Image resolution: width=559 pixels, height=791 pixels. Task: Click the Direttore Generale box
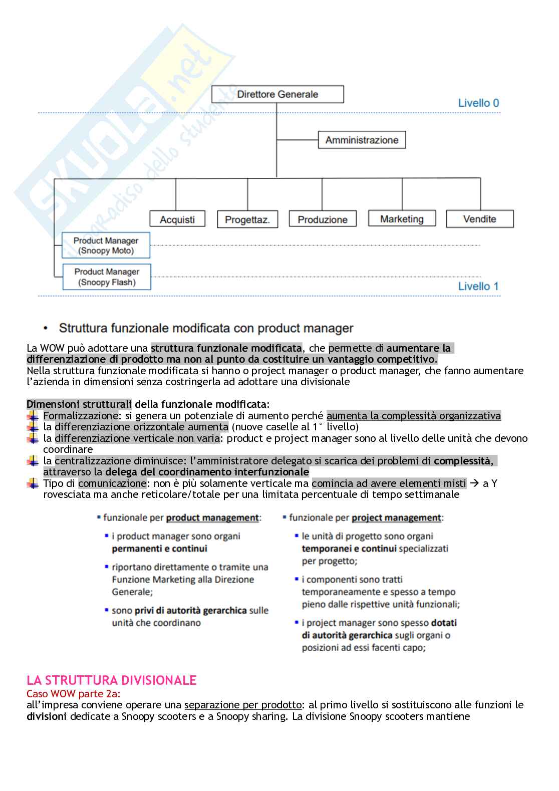277,94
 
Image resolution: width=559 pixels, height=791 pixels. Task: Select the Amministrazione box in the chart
362,140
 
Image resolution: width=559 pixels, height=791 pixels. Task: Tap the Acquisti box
177,219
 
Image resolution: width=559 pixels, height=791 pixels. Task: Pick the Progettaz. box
247,219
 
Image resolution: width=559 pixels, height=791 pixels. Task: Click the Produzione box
323,219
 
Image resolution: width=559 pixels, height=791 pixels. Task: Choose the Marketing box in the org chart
402,219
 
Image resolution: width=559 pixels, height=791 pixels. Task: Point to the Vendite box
480,219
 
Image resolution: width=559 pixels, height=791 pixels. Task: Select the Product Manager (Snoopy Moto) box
106,245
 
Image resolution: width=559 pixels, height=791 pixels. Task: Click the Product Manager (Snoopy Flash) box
107,277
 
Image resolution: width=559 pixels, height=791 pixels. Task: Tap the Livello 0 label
478,103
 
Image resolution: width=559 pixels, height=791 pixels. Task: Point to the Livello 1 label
478,287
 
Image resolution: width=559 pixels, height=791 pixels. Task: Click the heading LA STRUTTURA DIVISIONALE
111,680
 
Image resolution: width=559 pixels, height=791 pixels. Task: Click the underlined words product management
212,517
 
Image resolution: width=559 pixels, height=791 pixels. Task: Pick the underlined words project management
396,517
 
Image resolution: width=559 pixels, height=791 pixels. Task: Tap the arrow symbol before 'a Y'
473,483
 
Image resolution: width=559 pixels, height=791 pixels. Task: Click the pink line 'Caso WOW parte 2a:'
73,694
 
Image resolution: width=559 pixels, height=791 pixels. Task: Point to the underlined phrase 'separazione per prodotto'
242,705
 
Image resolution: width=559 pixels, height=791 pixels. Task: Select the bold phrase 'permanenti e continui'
159,549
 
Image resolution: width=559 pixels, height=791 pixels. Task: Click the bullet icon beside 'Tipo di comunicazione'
33,483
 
